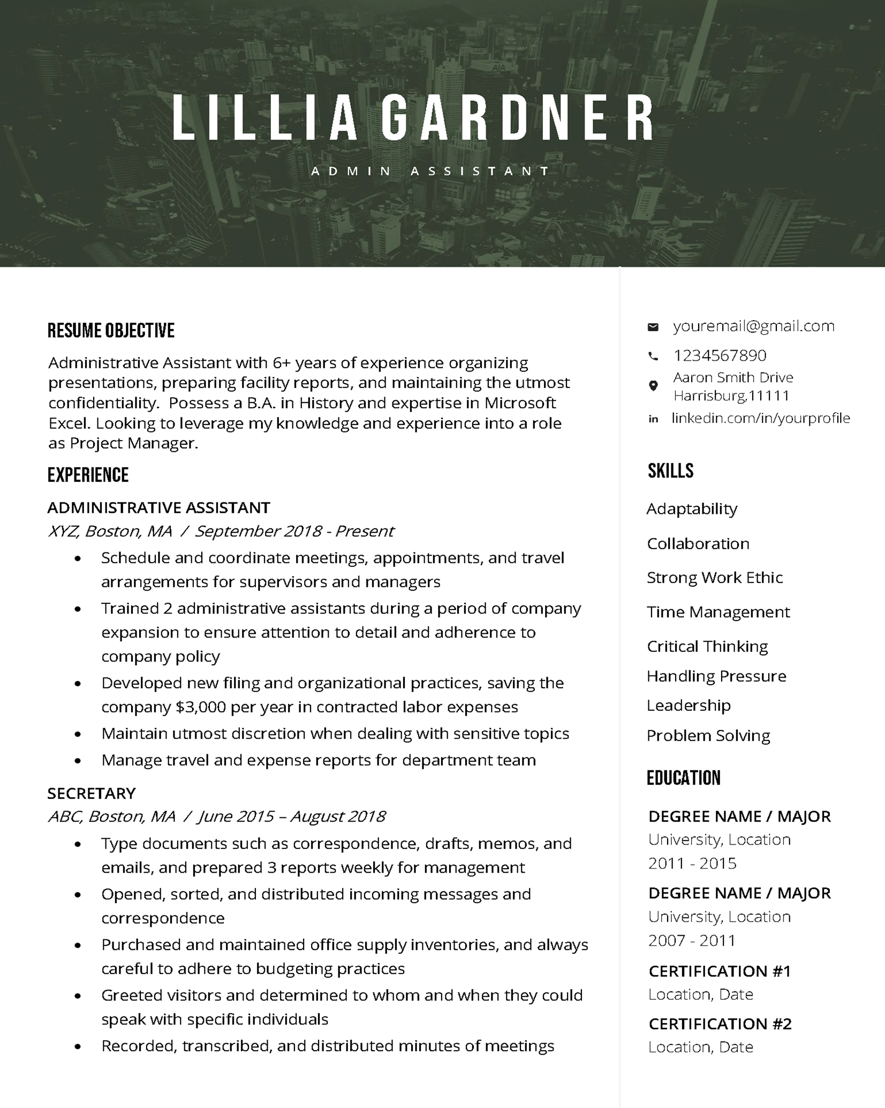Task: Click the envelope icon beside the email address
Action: pyautogui.click(x=653, y=327)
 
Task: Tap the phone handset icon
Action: pyautogui.click(x=653, y=356)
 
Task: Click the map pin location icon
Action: pyautogui.click(x=653, y=386)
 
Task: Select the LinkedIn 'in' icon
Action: pyautogui.click(x=653, y=419)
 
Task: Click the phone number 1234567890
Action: pyautogui.click(x=720, y=355)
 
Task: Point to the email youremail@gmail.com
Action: pyautogui.click(x=753, y=326)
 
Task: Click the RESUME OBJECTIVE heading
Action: pyautogui.click(x=111, y=331)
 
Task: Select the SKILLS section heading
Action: pyautogui.click(x=670, y=471)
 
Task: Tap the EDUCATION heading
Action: pyautogui.click(x=683, y=778)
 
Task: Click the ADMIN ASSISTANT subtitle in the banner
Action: pyautogui.click(x=430, y=171)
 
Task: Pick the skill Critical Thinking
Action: pyautogui.click(x=707, y=647)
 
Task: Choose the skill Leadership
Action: pyautogui.click(x=688, y=705)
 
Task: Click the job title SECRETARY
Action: pyautogui.click(x=92, y=793)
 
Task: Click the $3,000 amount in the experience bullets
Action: pyautogui.click(x=201, y=707)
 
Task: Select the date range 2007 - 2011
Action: pyautogui.click(x=692, y=940)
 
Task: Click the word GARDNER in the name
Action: pyautogui.click(x=518, y=119)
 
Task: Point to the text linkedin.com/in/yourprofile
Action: pyautogui.click(x=760, y=418)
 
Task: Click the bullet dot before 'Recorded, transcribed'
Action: pyautogui.click(x=78, y=1046)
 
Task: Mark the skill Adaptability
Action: pyautogui.click(x=691, y=509)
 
